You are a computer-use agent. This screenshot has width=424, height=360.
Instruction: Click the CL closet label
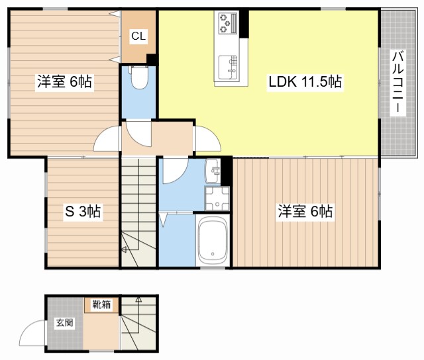(x=138, y=36)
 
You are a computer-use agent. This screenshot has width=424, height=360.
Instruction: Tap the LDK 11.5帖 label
(x=305, y=81)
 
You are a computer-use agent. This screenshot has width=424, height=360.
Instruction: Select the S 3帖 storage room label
(x=83, y=211)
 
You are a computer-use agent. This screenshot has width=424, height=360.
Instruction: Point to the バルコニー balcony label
(x=397, y=82)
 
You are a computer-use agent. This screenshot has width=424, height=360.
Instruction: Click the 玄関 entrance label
(x=64, y=322)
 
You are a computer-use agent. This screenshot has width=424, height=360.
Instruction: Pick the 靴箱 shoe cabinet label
(x=101, y=304)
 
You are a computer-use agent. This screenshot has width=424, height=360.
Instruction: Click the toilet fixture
(x=138, y=77)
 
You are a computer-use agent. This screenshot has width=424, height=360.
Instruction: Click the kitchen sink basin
(x=228, y=67)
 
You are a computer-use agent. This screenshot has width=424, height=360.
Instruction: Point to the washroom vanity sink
(x=213, y=171)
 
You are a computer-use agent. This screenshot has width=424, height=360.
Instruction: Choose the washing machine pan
(x=217, y=199)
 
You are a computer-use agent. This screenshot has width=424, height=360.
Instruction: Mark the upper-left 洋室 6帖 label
(x=64, y=81)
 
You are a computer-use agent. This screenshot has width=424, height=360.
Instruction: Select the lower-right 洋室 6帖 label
(x=305, y=211)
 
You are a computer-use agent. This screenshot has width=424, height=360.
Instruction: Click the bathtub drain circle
(x=213, y=254)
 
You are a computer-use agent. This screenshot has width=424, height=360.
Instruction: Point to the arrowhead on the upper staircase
(x=124, y=249)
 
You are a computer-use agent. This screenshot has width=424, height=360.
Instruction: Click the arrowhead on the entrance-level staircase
(x=138, y=299)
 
